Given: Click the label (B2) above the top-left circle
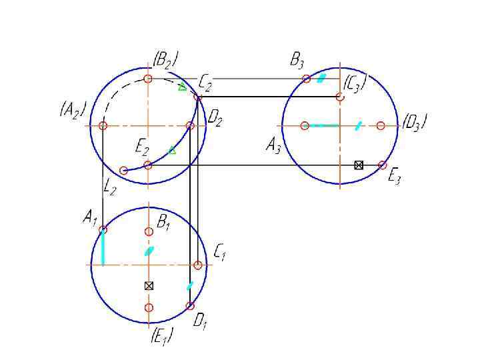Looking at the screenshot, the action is [x=165, y=60].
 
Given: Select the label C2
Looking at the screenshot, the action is [x=205, y=83].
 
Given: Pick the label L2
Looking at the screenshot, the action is [x=111, y=189].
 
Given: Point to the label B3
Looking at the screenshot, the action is [x=297, y=62].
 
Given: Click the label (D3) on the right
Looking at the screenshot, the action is [x=415, y=123].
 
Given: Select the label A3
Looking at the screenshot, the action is [x=273, y=145].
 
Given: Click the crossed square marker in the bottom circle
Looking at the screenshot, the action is [x=149, y=285].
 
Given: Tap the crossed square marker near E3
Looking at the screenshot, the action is [x=359, y=165].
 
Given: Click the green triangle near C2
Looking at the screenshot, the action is [x=182, y=87].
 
